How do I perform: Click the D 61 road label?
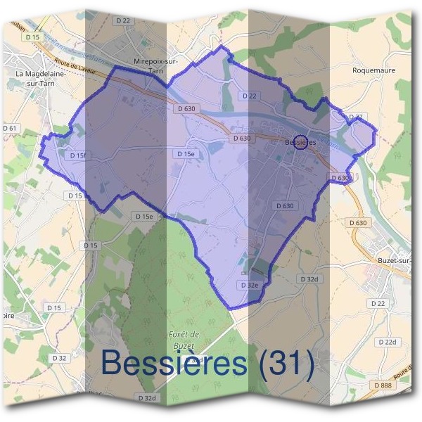click(10, 128)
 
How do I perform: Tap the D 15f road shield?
click(77, 155)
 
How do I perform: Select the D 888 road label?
click(383, 385)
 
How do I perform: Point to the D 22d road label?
click(388, 342)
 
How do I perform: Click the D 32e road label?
click(250, 285)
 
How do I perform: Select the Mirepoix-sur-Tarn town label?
click(155, 65)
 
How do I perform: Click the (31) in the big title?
click(285, 362)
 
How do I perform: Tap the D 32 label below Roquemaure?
click(356, 117)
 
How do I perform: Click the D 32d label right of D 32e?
click(310, 279)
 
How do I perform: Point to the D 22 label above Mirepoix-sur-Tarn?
click(124, 21)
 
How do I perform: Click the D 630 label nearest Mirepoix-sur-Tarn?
click(186, 108)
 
